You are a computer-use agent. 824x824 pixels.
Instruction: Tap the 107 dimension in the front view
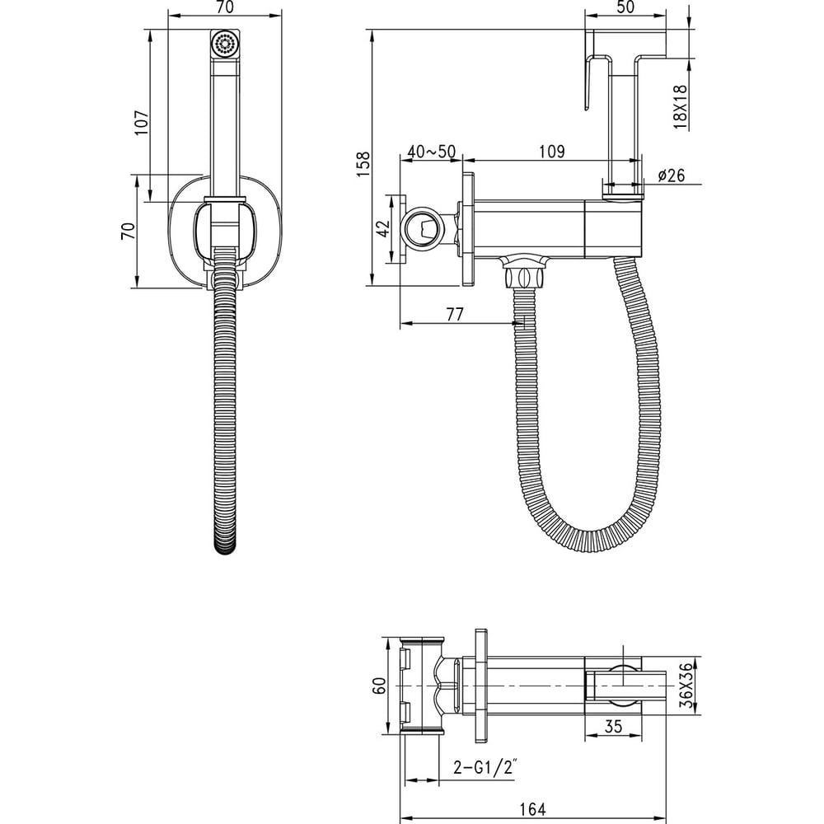tap(142, 123)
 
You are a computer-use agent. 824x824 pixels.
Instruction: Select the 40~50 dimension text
tap(432, 152)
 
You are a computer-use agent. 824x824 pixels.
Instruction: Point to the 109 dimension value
tap(552, 152)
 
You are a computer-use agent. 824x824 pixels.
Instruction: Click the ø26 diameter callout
tap(671, 175)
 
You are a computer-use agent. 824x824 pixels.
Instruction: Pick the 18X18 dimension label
tap(680, 107)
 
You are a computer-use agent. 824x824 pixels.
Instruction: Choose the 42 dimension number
tap(384, 228)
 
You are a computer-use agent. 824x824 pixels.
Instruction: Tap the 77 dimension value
tap(455, 314)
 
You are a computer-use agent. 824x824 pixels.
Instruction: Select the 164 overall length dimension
tap(533, 809)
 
